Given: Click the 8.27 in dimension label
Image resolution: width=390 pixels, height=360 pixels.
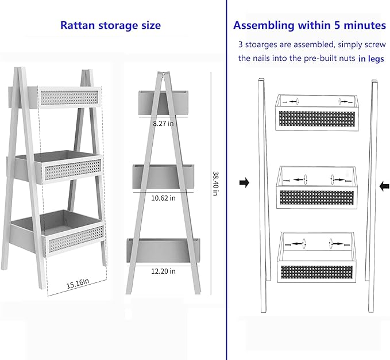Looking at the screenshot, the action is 163,124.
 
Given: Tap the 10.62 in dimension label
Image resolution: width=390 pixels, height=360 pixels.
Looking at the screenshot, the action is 164,198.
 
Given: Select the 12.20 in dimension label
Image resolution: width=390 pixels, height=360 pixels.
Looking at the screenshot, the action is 164,271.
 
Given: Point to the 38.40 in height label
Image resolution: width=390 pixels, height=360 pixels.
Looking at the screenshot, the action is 215,183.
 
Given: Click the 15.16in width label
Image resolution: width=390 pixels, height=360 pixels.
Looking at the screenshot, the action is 78,284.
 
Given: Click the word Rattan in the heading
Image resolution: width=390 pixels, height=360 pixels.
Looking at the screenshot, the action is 78,25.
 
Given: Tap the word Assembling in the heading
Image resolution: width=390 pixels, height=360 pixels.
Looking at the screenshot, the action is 264,26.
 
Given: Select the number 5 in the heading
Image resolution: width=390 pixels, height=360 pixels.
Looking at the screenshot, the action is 337,25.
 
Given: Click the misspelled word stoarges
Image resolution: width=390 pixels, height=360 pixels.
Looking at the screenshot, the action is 261,44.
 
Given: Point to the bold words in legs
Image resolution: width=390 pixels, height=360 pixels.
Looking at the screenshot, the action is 371,59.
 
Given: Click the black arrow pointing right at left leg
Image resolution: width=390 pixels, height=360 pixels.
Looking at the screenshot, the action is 244,183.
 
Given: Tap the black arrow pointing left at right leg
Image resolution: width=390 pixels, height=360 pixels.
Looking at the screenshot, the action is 384,186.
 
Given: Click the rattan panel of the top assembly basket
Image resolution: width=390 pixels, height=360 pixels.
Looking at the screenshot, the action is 317,118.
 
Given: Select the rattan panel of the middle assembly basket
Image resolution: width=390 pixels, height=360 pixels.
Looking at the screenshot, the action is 316,198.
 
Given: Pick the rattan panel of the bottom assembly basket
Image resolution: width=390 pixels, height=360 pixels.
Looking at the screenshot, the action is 316,272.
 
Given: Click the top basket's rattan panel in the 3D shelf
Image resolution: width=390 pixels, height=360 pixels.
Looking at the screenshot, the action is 69,98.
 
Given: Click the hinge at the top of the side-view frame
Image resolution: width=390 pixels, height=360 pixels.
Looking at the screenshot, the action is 163,74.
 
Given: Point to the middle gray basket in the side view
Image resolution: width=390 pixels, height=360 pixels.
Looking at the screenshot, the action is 163,177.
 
